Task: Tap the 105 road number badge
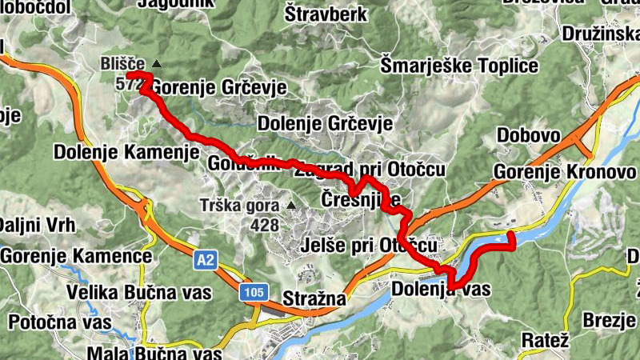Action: [x=252, y=294]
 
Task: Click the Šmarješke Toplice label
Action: [x=459, y=66]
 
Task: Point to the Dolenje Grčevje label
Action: [x=325, y=124]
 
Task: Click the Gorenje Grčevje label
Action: [x=218, y=87]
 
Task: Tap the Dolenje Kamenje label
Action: [x=126, y=151]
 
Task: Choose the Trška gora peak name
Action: [x=239, y=206]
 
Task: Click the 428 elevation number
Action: [x=264, y=225]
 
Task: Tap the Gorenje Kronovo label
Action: [x=565, y=171]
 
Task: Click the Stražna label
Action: [x=312, y=298]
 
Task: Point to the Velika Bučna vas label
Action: [x=139, y=292]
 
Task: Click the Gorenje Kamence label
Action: [x=76, y=256]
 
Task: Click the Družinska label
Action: [x=600, y=34]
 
